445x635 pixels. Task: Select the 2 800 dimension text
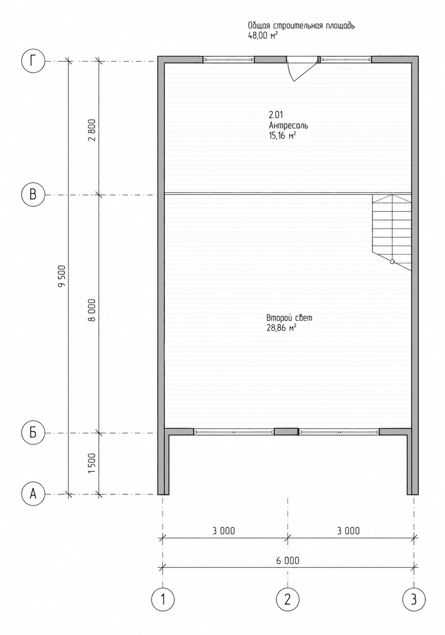pyautogui.click(x=92, y=131)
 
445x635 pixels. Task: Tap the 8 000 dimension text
pyautogui.click(x=92, y=310)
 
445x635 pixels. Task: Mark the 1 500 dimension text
pyautogui.click(x=92, y=464)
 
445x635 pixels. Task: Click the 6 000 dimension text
pyautogui.click(x=287, y=560)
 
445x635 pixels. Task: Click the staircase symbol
pyautogui.click(x=392, y=232)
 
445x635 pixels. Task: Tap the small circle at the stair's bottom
pyautogui.click(x=392, y=262)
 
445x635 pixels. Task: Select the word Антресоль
pyautogui.click(x=288, y=125)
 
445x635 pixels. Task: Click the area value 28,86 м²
pyautogui.click(x=281, y=328)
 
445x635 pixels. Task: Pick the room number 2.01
pyautogui.click(x=276, y=115)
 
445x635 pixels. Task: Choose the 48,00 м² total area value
pyautogui.click(x=263, y=36)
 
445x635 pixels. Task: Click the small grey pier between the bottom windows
pyautogui.click(x=286, y=432)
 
